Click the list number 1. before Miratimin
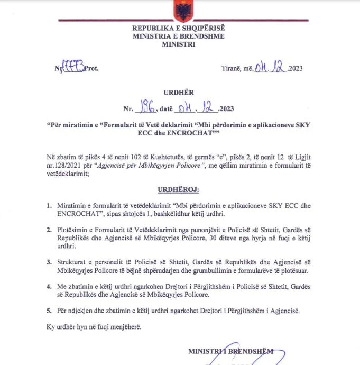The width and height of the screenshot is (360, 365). point(49,205)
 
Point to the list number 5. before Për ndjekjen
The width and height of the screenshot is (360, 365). point(49,310)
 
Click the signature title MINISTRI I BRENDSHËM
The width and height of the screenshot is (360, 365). point(231,351)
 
